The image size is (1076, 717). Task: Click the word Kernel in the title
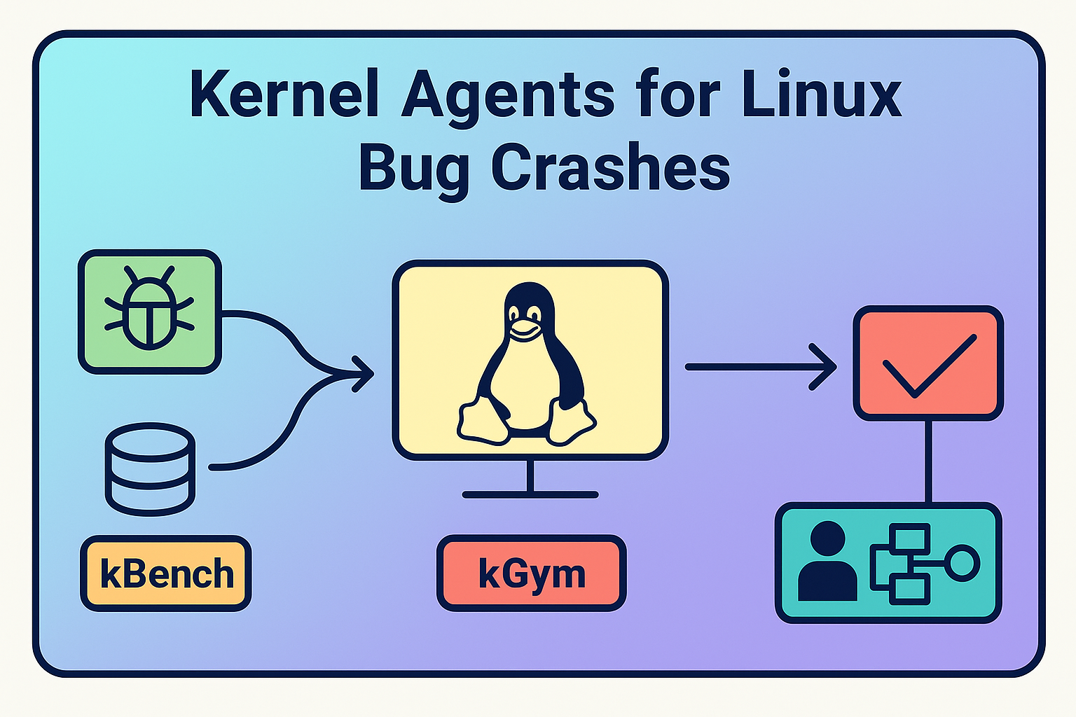tap(283, 95)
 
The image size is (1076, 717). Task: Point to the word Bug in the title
tap(413, 169)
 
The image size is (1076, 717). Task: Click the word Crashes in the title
tap(610, 167)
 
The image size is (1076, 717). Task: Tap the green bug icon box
tap(149, 311)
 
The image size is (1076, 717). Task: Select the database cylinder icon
tap(149, 468)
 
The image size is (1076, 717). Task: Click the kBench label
tap(166, 574)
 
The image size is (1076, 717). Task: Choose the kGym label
tap(531, 574)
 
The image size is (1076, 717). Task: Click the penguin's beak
tap(525, 329)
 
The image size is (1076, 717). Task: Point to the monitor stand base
tap(530, 494)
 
